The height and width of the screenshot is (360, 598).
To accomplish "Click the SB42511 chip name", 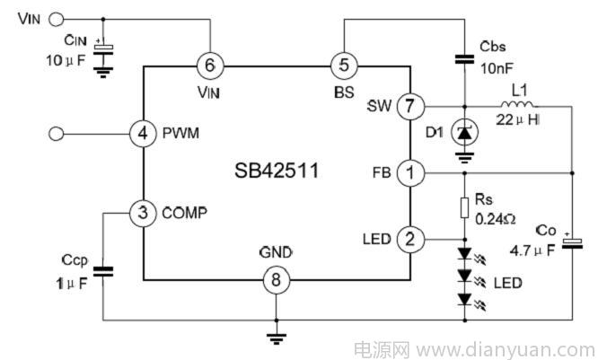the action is (277, 171).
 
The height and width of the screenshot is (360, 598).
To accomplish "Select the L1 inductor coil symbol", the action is (517, 104).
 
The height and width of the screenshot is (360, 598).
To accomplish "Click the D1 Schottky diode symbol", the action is (464, 133).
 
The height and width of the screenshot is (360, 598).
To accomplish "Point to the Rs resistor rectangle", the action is (464, 208).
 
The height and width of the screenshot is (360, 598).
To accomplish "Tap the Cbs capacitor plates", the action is (464, 59).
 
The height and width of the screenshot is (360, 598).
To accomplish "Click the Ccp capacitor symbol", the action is (103, 271).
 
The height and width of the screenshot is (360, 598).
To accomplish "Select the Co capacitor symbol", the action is (572, 243).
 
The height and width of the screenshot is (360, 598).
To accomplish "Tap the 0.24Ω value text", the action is (496, 219).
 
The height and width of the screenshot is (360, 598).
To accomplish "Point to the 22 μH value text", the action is (517, 119).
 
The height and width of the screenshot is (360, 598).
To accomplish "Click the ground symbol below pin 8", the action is (277, 338).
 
